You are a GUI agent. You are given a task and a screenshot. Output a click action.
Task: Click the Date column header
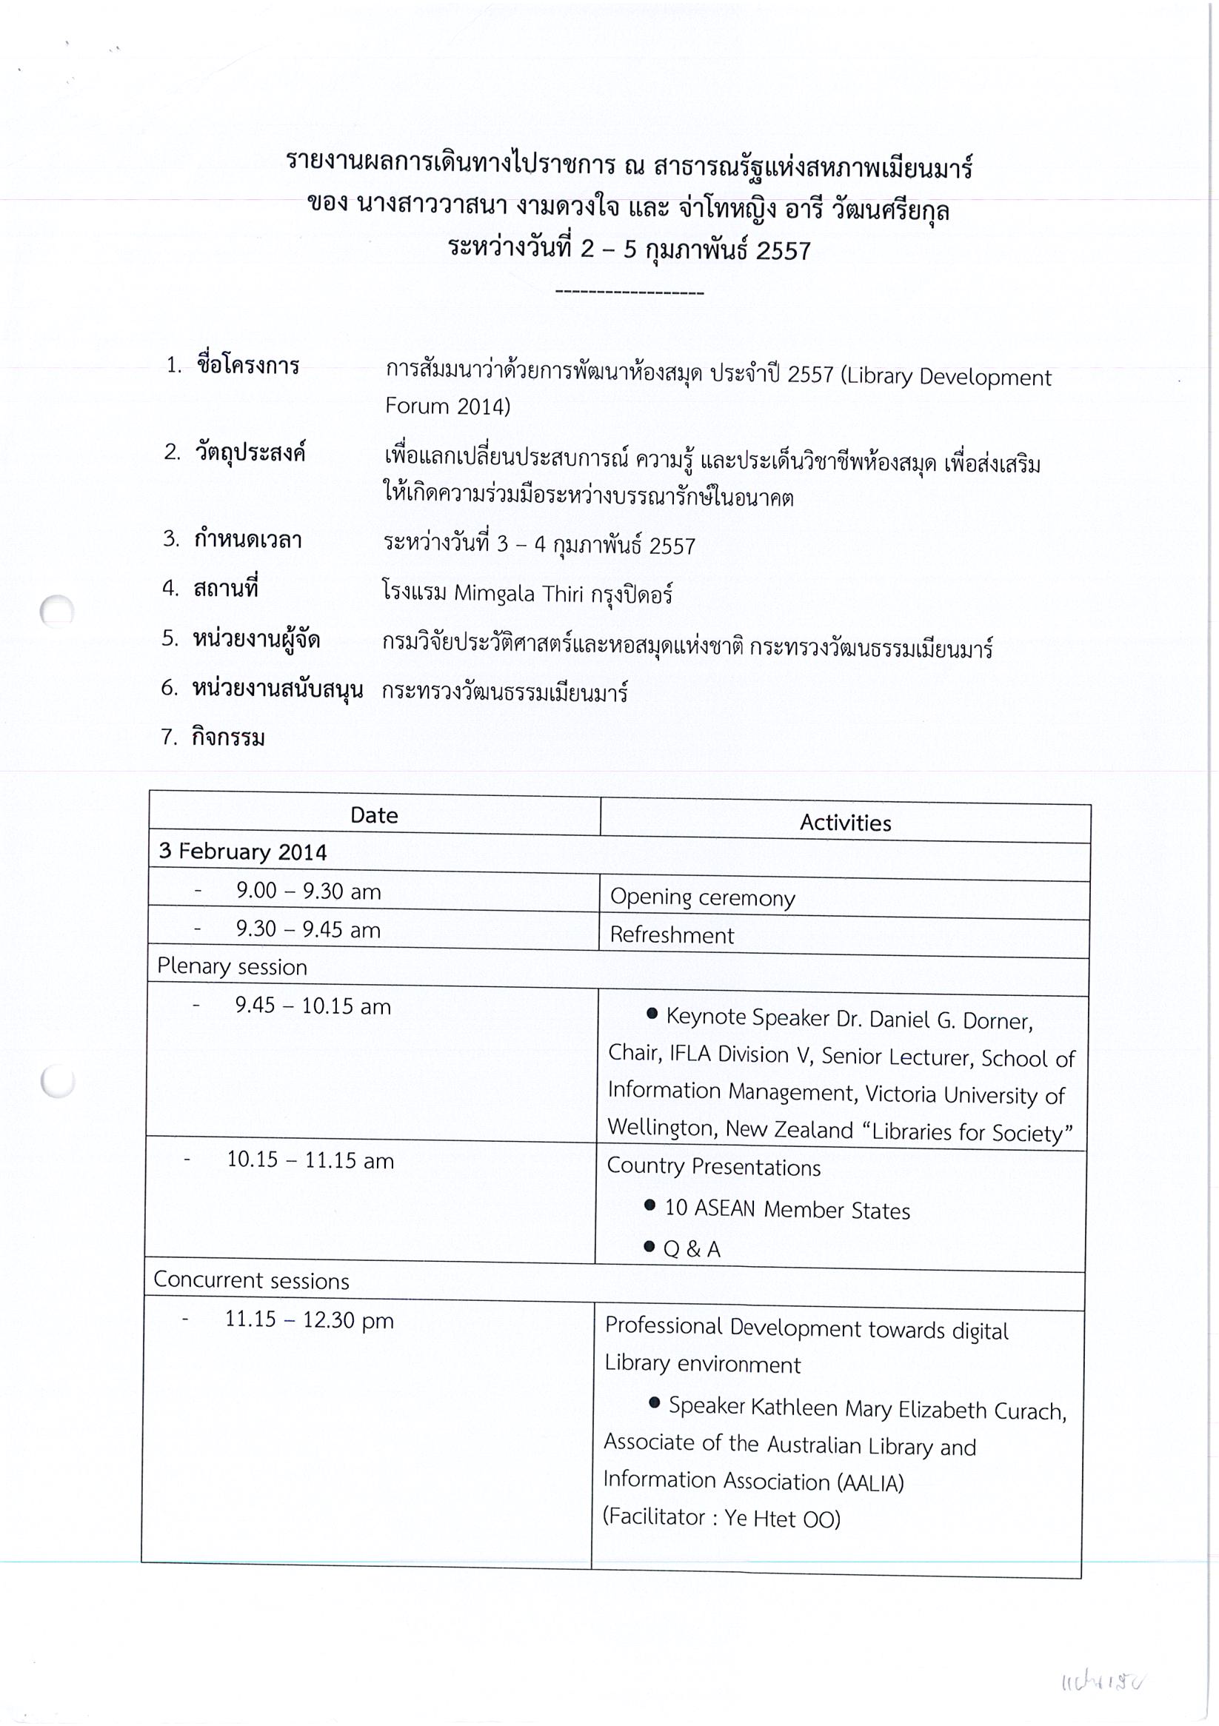(x=374, y=816)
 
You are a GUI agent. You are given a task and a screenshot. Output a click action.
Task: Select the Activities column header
(x=845, y=823)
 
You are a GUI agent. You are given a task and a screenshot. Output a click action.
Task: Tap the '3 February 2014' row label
(x=242, y=852)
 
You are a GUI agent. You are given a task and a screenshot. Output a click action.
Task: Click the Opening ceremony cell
(x=702, y=897)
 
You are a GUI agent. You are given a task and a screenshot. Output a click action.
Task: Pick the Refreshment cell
(x=672, y=935)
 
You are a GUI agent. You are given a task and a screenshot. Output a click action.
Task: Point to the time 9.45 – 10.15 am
(x=313, y=1006)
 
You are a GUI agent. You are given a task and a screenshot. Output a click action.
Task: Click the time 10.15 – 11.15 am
(x=310, y=1161)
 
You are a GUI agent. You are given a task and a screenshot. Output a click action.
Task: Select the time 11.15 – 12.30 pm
(x=309, y=1320)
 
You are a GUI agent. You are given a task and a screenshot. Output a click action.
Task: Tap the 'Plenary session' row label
(x=233, y=967)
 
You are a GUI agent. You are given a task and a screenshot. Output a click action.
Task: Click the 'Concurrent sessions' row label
(x=251, y=1281)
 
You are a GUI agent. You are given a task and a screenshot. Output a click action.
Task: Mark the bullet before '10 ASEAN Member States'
(x=649, y=1205)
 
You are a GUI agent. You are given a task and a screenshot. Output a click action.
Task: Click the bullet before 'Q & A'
(x=649, y=1246)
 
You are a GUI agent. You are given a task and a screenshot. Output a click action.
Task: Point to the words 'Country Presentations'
(x=714, y=1167)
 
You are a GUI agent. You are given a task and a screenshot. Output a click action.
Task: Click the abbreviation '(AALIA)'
(x=869, y=1482)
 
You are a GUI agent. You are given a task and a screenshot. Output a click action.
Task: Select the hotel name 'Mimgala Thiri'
(x=518, y=594)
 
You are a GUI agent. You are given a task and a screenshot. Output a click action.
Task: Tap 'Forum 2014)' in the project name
(x=447, y=407)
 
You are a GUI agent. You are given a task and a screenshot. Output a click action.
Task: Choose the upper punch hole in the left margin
(x=57, y=610)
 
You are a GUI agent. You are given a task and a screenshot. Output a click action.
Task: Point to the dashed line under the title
(x=629, y=292)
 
